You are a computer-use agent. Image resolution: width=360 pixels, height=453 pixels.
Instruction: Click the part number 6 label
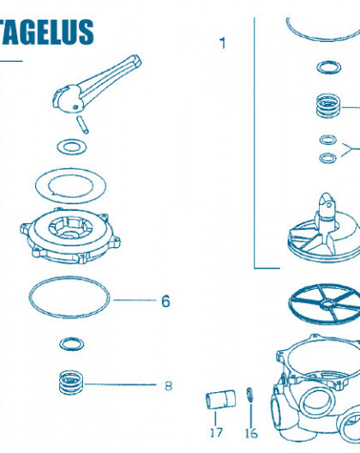tap(165, 301)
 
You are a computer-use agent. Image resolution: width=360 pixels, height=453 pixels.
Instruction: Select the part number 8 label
tap(168, 386)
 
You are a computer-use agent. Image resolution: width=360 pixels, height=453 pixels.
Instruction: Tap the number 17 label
tap(216, 432)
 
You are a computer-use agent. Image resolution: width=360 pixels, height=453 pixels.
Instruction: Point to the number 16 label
tap(251, 433)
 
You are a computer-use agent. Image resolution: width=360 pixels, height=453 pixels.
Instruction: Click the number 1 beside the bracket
tap(222, 43)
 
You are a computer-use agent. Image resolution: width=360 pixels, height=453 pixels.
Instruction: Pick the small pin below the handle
tap(82, 124)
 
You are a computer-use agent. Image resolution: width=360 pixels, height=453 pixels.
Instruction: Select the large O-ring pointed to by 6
tap(69, 277)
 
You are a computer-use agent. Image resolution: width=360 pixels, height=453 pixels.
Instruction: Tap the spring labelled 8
tap(71, 383)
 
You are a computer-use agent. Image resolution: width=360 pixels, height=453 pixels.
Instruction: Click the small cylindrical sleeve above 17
tap(220, 399)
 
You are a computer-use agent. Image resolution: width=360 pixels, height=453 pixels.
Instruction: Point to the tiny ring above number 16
tap(249, 395)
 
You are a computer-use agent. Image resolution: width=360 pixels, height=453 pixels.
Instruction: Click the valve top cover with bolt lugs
tap(70, 236)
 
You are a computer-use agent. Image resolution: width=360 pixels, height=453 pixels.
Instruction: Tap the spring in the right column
tap(328, 106)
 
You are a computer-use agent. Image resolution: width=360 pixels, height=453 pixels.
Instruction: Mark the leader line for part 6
tap(135, 300)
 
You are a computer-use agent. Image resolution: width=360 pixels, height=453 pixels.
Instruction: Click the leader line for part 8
tap(120, 384)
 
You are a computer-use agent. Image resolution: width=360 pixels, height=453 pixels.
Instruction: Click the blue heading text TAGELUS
tap(47, 32)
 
